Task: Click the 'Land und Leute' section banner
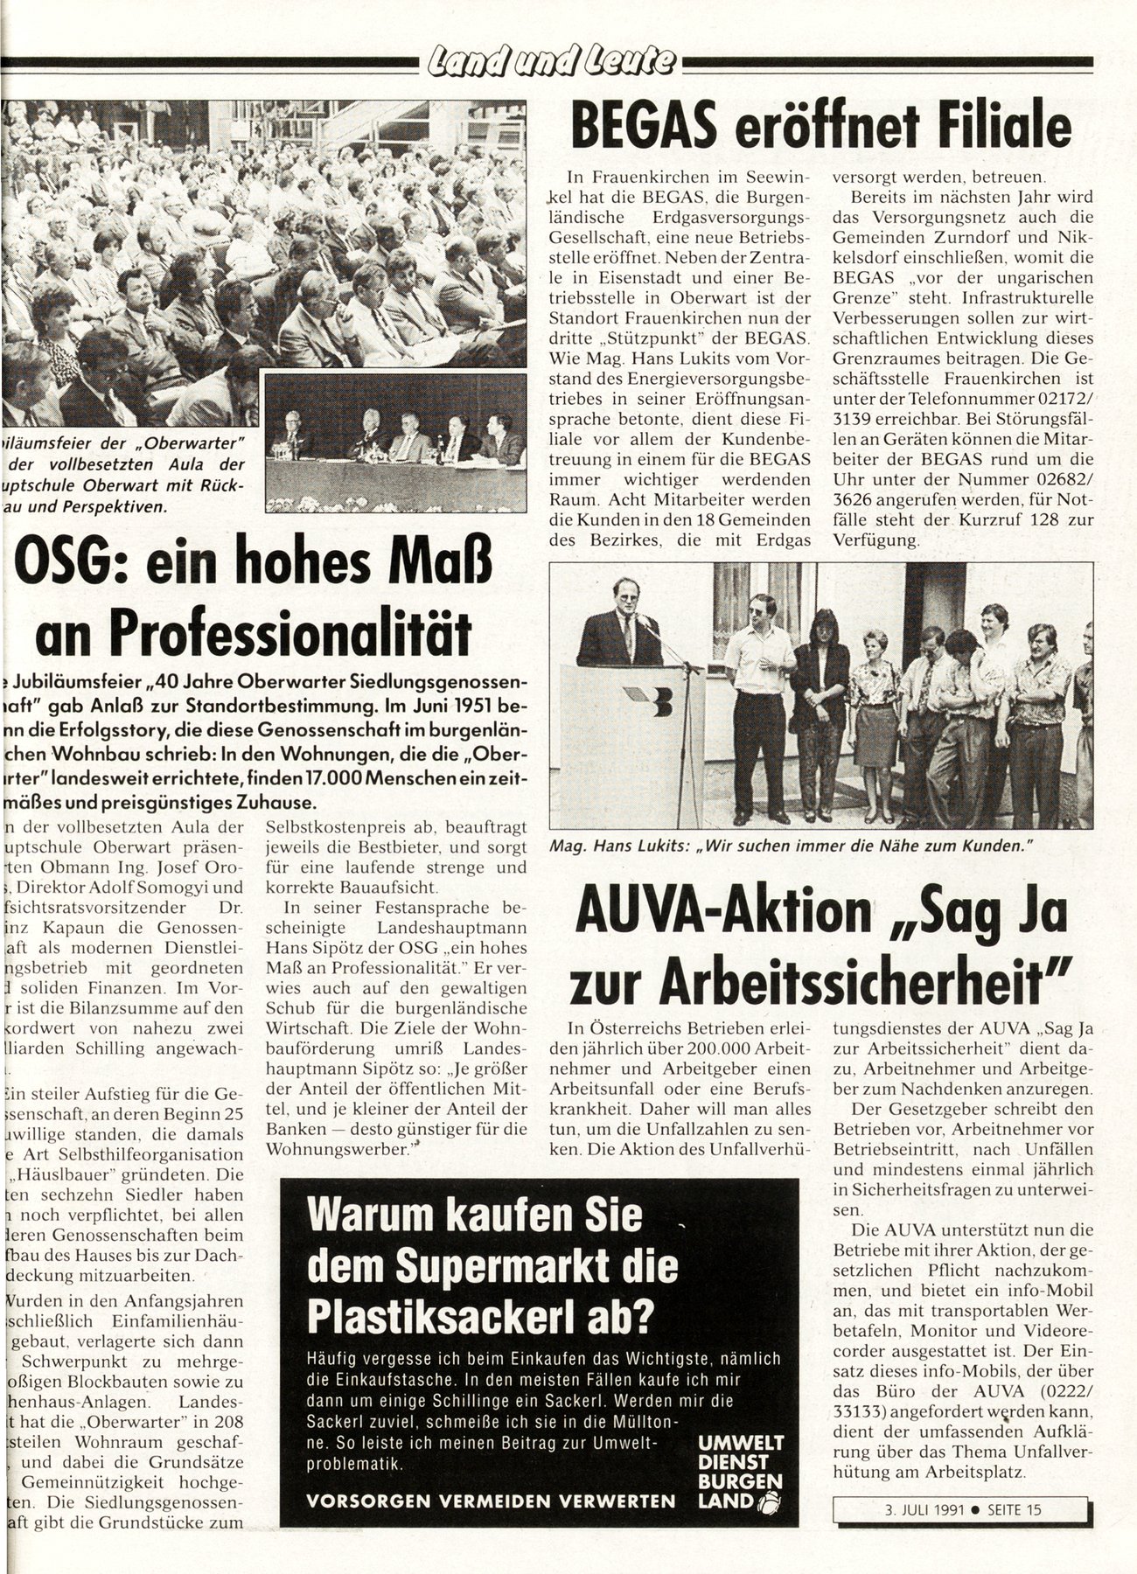pos(550,61)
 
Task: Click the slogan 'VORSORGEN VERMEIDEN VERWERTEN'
pos(492,1501)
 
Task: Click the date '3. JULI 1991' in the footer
pos(910,1508)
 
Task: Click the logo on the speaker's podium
pos(657,700)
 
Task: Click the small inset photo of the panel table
pos(394,442)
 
